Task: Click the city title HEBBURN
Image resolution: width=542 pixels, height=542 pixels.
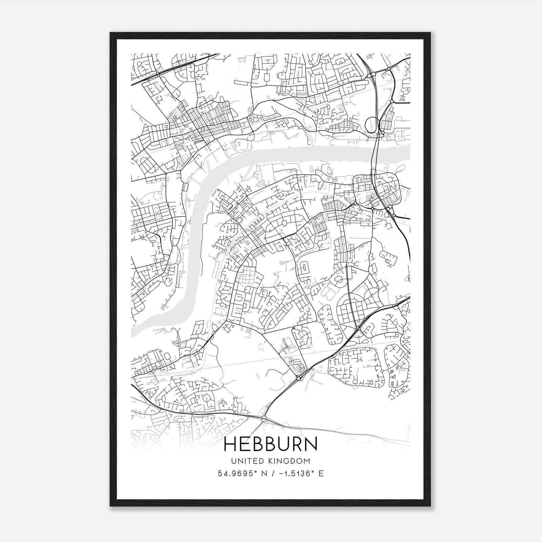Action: [x=271, y=444]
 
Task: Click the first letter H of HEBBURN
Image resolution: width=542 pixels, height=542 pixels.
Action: [x=230, y=444]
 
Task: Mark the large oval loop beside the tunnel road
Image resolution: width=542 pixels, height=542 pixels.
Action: [x=371, y=125]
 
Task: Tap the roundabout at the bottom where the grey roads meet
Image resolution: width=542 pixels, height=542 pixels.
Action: [x=264, y=420]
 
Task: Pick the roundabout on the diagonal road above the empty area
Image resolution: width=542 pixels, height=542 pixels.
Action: [x=298, y=378]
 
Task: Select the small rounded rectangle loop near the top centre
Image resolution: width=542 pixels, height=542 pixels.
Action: [x=266, y=78]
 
